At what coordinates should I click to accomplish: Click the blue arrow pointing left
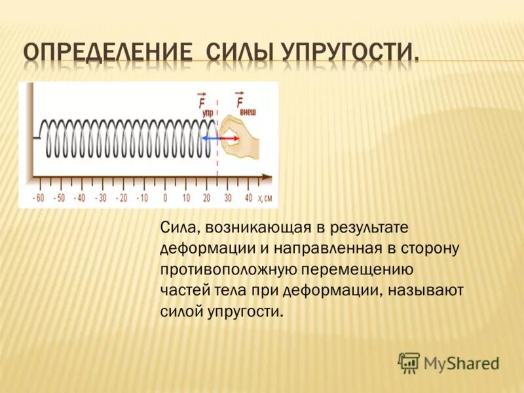[x=209, y=138]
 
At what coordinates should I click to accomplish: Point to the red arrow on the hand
[x=229, y=138]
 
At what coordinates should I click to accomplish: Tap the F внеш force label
[x=244, y=104]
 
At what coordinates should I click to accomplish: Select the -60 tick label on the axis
[x=39, y=198]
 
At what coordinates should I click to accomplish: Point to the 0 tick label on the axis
[x=165, y=198]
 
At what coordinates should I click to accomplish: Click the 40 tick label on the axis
[x=248, y=198]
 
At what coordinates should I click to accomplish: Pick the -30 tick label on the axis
[x=102, y=198]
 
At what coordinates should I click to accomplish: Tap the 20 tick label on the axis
[x=206, y=198]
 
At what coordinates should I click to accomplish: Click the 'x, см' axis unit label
[x=264, y=198]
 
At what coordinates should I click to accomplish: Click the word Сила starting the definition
[x=179, y=227]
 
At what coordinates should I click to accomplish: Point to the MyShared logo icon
[x=409, y=362]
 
